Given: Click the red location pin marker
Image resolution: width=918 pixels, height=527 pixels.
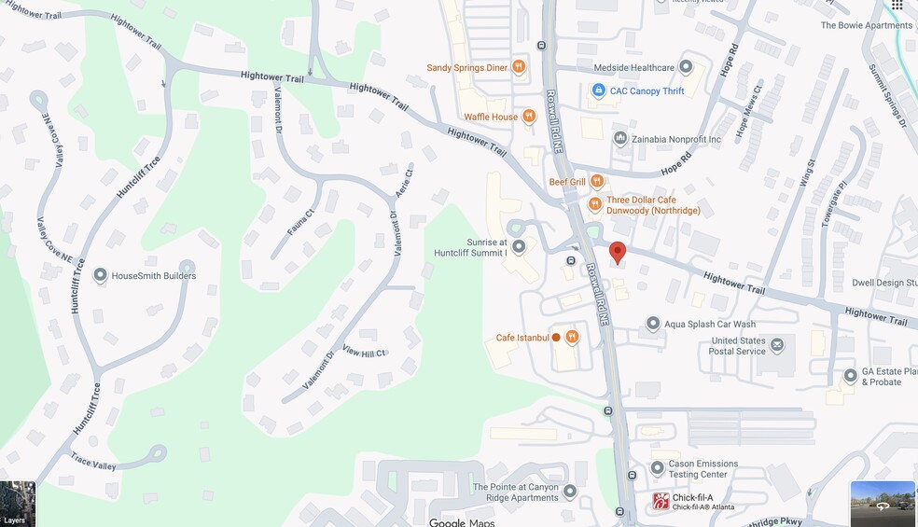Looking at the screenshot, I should coord(617,252).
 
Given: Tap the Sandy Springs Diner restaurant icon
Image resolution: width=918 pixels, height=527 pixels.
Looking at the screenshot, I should coord(519,67).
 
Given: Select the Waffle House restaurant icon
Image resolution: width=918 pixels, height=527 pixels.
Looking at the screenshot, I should coord(529,117).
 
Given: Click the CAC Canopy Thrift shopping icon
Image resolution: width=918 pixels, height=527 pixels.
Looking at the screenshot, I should coord(599,90).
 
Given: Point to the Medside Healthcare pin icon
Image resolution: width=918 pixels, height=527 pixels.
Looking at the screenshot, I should coord(686,67).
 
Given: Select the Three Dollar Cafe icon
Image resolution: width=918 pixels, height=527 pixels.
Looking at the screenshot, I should coord(595,204).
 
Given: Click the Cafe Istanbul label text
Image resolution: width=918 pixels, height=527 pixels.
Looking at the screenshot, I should coord(522,338).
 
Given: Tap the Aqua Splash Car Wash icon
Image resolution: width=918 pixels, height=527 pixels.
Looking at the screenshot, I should coord(653,324).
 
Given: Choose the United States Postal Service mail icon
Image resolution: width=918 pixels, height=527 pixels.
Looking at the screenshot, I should coord(776,346).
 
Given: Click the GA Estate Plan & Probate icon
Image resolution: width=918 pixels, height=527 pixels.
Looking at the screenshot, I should coord(850,376).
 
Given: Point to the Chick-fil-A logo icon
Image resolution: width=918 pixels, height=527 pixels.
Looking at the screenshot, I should coord(661,501).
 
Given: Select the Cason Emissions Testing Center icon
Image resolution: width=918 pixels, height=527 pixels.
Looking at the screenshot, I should coord(657,468).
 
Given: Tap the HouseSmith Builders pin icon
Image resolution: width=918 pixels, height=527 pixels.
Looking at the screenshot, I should coord(100,275).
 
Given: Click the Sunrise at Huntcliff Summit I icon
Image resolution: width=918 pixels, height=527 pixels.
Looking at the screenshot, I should coord(519,246).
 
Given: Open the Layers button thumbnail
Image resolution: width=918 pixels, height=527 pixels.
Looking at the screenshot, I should coord(18,504).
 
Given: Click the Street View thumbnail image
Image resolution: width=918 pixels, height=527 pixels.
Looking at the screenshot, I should coord(883,504).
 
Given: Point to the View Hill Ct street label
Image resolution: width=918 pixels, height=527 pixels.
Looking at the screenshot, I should coord(364,353).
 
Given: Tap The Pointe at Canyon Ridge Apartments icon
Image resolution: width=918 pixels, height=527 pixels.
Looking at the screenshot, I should coord(569,492).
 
